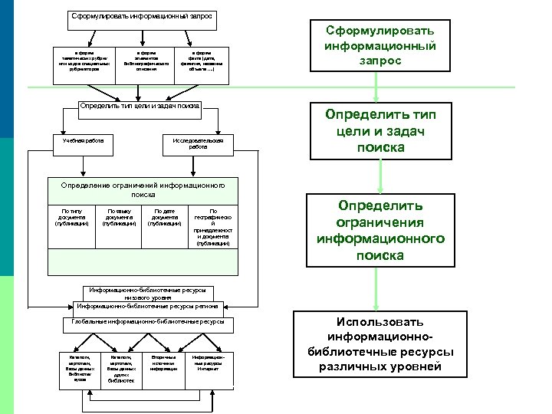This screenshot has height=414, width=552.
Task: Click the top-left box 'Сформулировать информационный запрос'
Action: point(142,16)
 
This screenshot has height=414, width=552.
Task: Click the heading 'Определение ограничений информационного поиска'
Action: point(143,189)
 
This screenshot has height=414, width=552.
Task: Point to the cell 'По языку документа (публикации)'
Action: point(119,218)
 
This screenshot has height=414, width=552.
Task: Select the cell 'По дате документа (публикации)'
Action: point(165,218)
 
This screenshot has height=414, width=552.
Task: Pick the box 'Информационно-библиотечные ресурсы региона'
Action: point(147,306)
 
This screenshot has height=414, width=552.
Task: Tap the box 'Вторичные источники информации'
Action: point(163,363)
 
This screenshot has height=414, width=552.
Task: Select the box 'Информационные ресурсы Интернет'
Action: point(208,363)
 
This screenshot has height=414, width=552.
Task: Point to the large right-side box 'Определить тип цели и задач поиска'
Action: point(380,130)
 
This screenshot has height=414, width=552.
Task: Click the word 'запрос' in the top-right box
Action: point(381,61)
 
